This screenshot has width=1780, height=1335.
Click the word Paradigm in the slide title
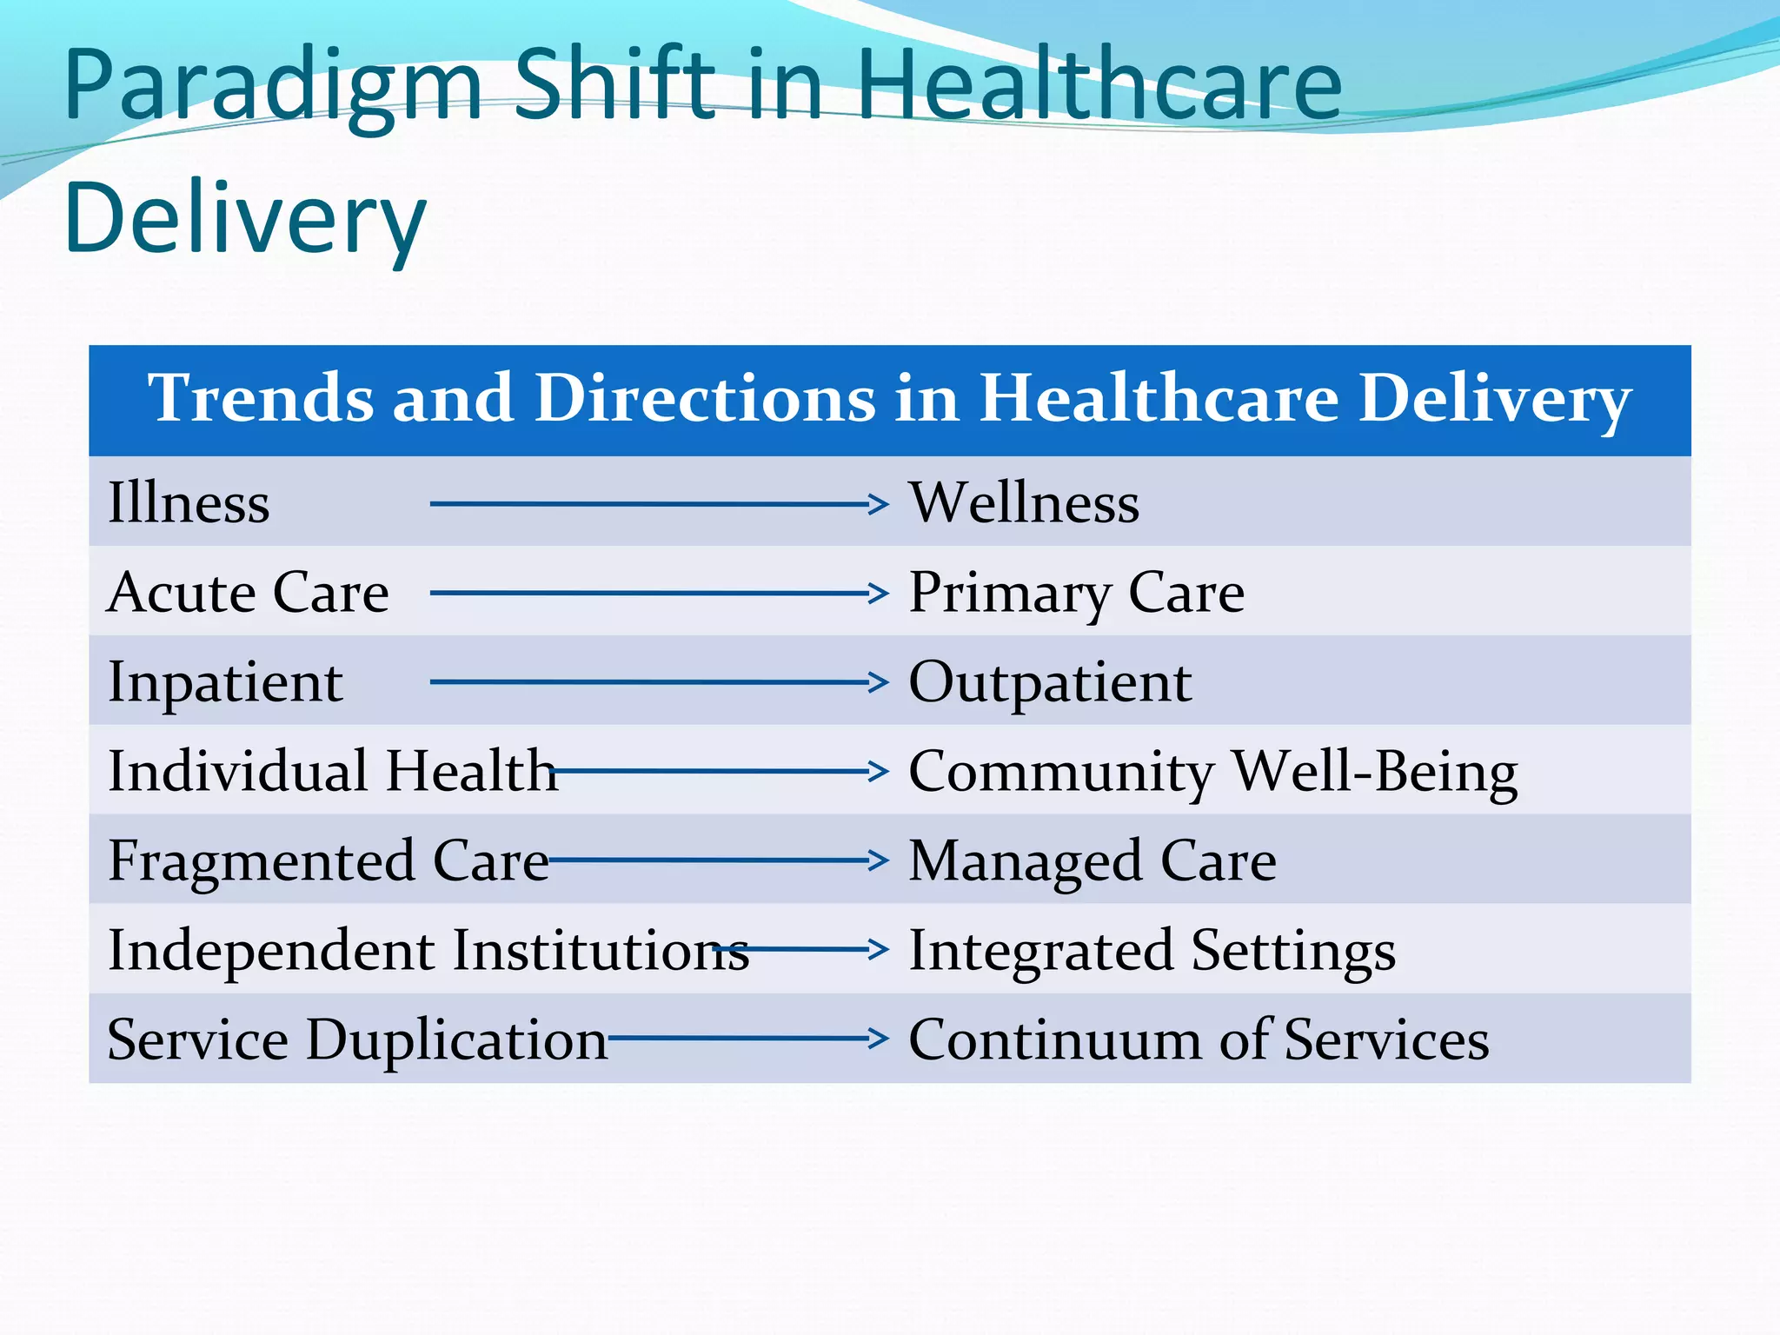272,87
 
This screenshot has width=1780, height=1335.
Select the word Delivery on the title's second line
245,219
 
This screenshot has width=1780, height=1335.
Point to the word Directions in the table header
705,398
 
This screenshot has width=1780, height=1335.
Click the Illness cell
189,503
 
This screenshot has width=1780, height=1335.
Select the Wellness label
1024,503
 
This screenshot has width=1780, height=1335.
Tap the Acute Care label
248,593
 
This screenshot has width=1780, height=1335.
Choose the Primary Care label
1076,594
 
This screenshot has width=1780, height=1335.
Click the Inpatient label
225,682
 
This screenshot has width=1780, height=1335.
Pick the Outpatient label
1050,682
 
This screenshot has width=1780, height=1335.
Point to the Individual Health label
333,771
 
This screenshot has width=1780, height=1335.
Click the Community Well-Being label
1212,772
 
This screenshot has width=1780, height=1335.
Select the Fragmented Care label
329,861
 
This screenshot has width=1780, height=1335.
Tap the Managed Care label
1093,861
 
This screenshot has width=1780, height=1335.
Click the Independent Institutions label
428,950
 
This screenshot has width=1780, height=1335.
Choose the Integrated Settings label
1152,951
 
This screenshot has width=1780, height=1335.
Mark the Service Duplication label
357,1039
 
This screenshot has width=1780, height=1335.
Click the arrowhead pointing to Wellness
879,504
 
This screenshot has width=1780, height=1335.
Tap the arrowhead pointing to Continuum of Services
879,1039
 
